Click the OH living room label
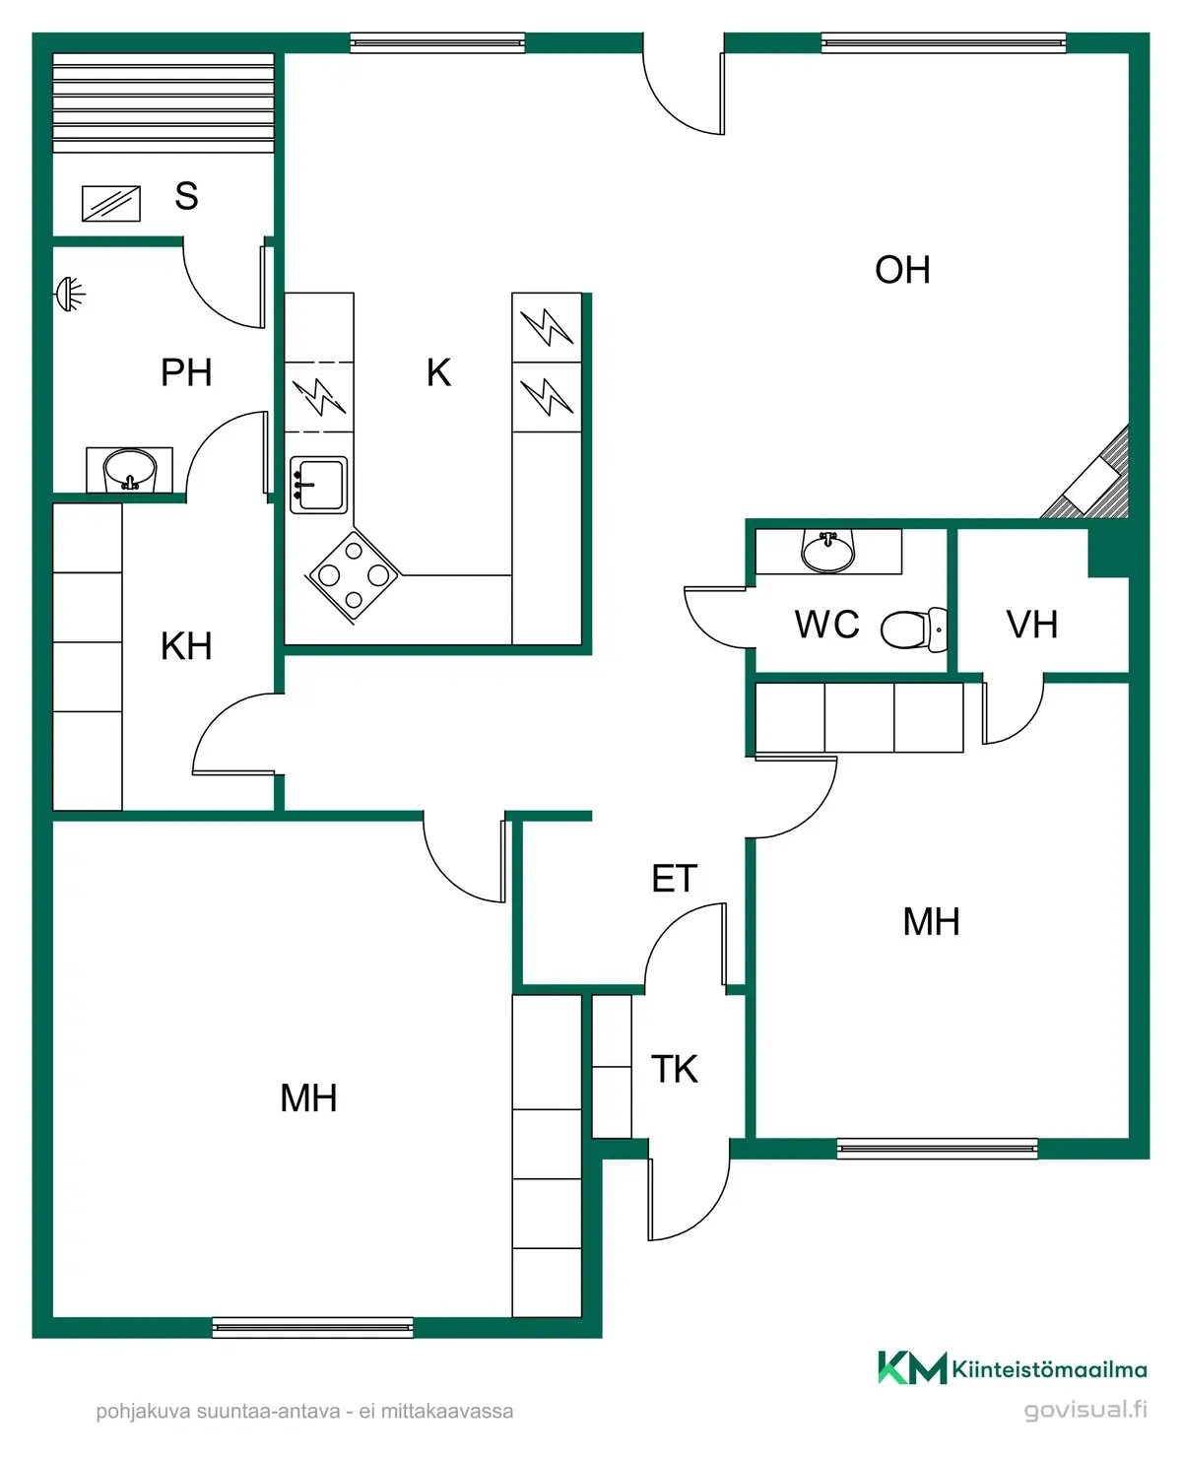click(902, 270)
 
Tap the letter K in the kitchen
click(438, 372)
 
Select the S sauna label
click(186, 196)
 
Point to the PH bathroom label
click(186, 372)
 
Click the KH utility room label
click(186, 646)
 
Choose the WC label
click(826, 625)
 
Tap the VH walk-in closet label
click(1032, 625)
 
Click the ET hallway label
click(675, 879)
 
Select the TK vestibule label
click(675, 1069)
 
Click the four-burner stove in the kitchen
click(354, 576)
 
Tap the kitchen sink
click(318, 485)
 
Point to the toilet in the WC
click(914, 629)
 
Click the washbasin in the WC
click(828, 550)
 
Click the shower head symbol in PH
click(69, 295)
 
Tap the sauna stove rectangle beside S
click(111, 204)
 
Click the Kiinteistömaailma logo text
click(1049, 1370)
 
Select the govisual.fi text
click(1085, 1410)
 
